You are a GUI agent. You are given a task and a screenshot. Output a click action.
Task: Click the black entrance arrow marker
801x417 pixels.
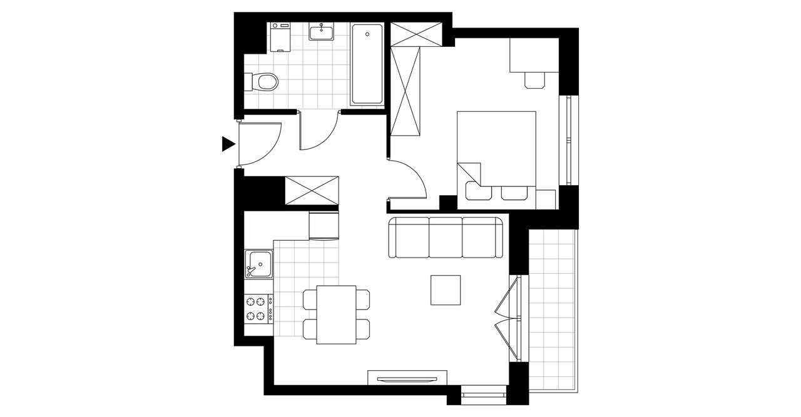click(x=228, y=144)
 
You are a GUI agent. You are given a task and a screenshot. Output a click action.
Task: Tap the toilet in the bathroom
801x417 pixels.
click(x=265, y=82)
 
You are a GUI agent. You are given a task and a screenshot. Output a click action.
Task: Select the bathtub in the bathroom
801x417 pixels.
click(x=367, y=64)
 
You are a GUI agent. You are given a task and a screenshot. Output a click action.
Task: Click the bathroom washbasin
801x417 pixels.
click(x=322, y=31)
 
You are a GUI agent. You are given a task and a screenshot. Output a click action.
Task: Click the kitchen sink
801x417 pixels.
click(x=258, y=263)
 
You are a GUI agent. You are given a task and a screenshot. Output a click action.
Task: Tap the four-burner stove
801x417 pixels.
click(x=258, y=308)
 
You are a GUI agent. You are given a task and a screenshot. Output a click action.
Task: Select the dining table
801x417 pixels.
click(x=336, y=314)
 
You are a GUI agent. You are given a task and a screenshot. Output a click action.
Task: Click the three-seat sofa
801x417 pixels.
click(x=446, y=238)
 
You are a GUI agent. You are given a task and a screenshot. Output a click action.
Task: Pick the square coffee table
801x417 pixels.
click(x=446, y=290)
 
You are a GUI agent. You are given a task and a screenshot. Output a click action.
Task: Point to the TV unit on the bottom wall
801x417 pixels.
click(x=407, y=378)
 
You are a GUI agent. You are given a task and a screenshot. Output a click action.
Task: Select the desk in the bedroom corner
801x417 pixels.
click(x=533, y=55)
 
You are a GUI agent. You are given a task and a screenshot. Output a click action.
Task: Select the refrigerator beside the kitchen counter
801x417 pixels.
click(x=324, y=226)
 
